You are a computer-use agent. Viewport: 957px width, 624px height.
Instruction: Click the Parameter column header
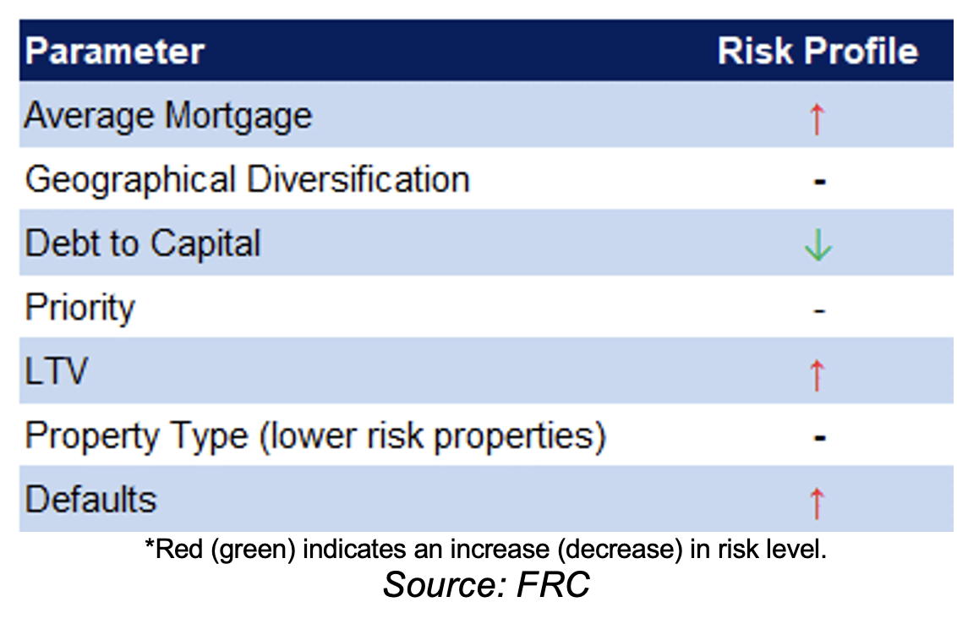pyautogui.click(x=115, y=52)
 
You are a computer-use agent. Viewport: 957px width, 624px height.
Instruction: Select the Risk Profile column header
pyautogui.click(x=818, y=51)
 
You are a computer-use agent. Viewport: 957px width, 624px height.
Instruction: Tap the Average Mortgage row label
pyautogui.click(x=168, y=117)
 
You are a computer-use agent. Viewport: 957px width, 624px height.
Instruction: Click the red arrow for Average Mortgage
pyautogui.click(x=818, y=118)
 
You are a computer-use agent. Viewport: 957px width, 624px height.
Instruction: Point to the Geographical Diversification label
pyautogui.click(x=247, y=181)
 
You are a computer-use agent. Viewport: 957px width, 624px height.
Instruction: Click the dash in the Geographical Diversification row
pyautogui.click(x=820, y=181)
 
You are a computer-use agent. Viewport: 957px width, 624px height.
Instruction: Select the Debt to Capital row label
pyautogui.click(x=143, y=244)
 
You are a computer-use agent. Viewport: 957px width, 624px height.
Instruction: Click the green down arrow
pyautogui.click(x=818, y=245)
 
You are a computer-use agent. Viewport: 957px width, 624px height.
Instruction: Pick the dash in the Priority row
pyautogui.click(x=820, y=311)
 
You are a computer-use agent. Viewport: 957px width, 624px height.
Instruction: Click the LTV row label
pyautogui.click(x=56, y=371)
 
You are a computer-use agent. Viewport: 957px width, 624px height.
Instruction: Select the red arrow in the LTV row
pyautogui.click(x=818, y=375)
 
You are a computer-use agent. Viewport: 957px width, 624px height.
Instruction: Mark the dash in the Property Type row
pyautogui.click(x=820, y=438)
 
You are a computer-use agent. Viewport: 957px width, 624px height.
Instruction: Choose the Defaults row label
pyautogui.click(x=91, y=500)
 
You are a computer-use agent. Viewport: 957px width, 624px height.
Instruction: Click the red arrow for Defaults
pyautogui.click(x=818, y=503)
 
